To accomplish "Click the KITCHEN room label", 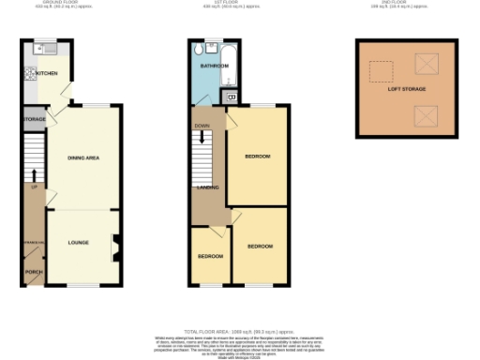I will [47, 72].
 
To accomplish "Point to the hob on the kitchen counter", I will [30, 73].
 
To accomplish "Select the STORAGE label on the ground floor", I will [35, 120].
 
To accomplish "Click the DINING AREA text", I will [83, 157].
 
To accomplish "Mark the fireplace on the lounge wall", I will [115, 247].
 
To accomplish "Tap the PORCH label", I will [34, 272].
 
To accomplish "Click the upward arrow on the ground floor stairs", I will [34, 175].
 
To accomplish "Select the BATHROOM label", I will [214, 67].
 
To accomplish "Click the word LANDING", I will [207, 187].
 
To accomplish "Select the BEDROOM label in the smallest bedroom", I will [210, 256].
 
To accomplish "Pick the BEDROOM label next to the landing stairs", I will [257, 156].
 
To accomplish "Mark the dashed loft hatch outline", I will [381, 72].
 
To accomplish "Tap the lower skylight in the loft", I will [427, 115].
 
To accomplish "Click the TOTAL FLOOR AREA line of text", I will [239, 332].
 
